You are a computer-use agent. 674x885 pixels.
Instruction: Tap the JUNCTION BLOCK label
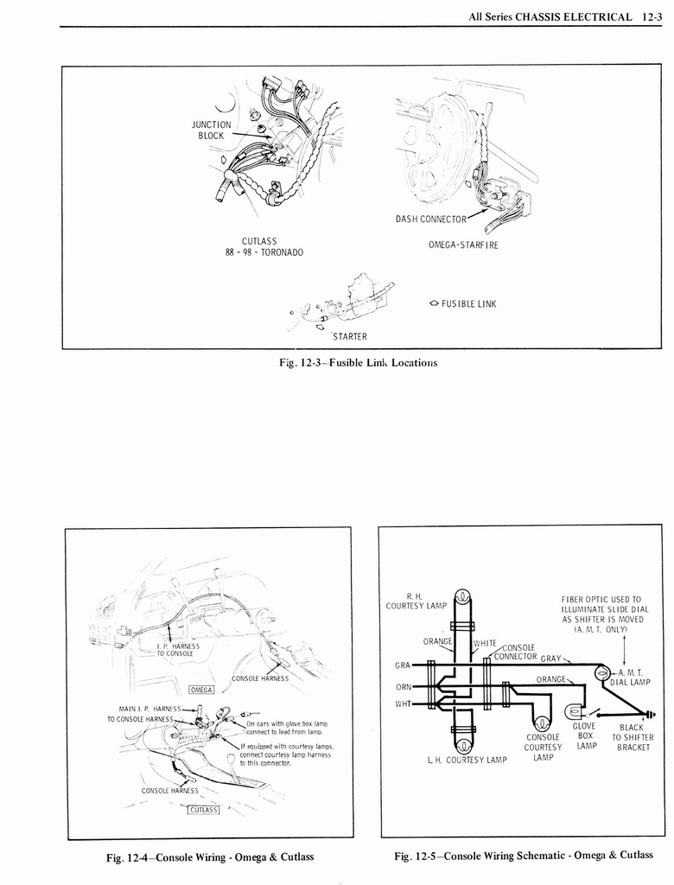(x=211, y=131)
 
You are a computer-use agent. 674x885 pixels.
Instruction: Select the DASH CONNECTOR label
(x=430, y=220)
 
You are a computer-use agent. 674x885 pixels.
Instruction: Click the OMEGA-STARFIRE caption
(x=463, y=245)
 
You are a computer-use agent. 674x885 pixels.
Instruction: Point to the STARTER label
(x=349, y=336)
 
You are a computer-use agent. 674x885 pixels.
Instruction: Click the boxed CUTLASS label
(x=204, y=810)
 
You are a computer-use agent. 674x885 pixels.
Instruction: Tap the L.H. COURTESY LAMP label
(x=467, y=761)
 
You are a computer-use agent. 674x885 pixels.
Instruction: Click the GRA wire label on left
(x=403, y=665)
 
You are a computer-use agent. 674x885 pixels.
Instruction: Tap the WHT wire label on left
(x=403, y=704)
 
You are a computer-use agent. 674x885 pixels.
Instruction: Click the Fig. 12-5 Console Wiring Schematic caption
(x=524, y=856)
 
